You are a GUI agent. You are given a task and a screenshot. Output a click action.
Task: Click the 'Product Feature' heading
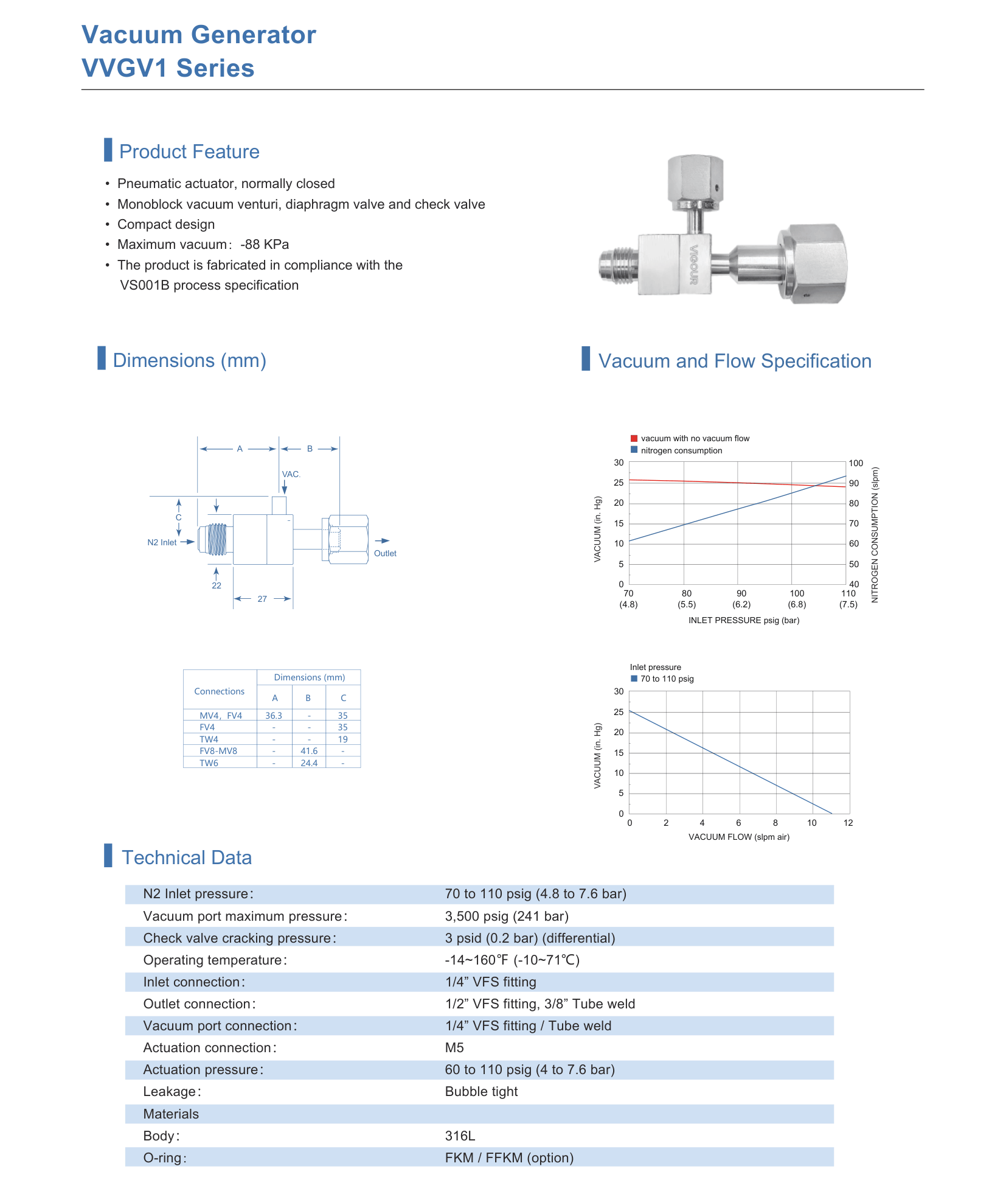click(x=189, y=152)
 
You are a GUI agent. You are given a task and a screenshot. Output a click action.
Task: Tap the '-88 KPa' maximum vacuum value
click(x=265, y=245)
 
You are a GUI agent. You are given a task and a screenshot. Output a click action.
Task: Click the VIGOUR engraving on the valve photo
click(x=693, y=264)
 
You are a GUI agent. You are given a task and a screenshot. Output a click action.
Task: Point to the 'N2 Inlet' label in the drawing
click(x=162, y=542)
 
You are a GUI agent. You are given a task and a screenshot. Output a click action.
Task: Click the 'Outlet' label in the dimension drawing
click(x=385, y=553)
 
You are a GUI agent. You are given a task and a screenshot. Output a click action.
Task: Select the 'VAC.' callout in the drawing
click(x=291, y=474)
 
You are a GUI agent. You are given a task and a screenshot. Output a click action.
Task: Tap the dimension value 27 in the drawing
click(x=262, y=599)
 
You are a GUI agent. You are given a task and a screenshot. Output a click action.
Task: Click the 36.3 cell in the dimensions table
click(x=274, y=716)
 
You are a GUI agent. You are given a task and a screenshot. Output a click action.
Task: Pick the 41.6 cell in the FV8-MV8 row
click(x=309, y=751)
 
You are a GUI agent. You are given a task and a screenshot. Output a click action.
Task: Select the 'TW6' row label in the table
click(x=209, y=763)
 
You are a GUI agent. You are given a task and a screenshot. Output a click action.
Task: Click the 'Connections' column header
click(x=220, y=691)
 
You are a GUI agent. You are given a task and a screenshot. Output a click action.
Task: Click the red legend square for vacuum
click(x=634, y=438)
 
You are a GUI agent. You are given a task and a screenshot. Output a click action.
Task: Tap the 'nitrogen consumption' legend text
click(x=681, y=450)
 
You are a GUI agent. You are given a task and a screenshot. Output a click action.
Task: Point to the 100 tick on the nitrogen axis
click(x=856, y=463)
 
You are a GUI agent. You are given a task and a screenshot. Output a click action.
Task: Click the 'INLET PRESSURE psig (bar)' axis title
click(x=744, y=620)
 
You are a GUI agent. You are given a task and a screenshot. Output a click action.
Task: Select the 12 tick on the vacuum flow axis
click(x=848, y=823)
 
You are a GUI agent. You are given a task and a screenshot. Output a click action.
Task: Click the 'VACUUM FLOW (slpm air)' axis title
click(x=739, y=837)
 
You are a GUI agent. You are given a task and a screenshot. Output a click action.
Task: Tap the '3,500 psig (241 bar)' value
click(x=507, y=916)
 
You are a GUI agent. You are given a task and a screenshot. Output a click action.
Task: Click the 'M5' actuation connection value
click(x=454, y=1048)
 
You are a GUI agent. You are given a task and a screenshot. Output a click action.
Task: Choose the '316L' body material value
click(x=460, y=1136)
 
